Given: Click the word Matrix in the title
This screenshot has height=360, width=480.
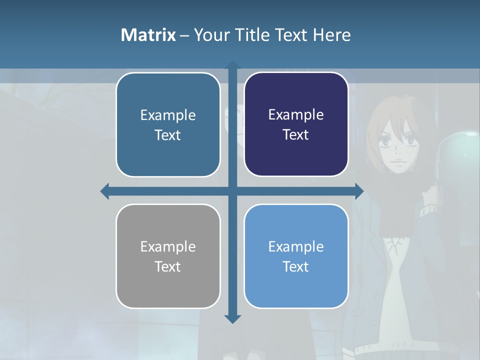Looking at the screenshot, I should pyautogui.click(x=148, y=35).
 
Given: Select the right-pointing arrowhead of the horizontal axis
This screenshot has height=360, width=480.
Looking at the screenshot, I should pyautogui.click(x=359, y=191).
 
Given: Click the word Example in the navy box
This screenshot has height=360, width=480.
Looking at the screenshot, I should pyautogui.click(x=296, y=114).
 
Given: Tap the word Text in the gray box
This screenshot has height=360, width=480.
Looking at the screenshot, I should pyautogui.click(x=167, y=266).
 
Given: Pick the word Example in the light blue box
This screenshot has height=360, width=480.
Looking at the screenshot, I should pyautogui.click(x=296, y=246).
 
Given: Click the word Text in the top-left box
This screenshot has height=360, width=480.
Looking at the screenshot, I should pyautogui.click(x=167, y=135).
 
